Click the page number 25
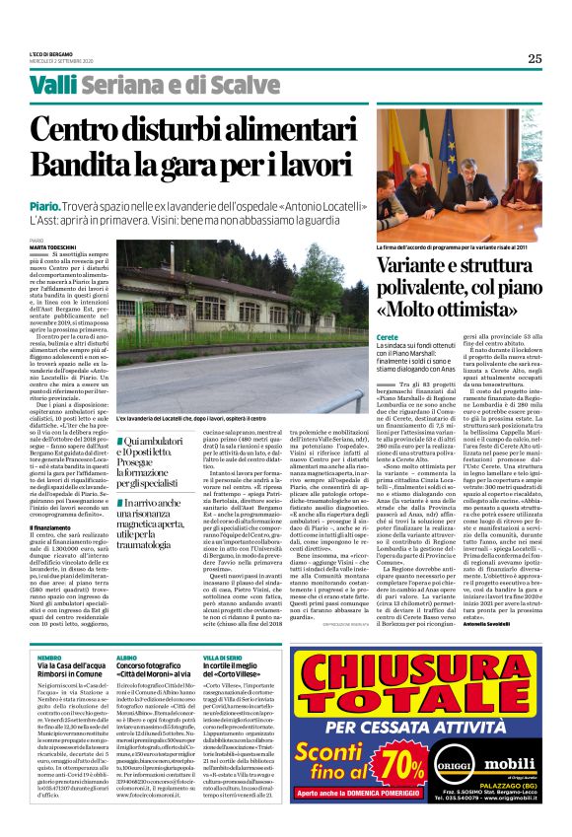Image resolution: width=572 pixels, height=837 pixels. (534, 57)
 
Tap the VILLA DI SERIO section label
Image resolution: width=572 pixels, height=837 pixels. (222, 656)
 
